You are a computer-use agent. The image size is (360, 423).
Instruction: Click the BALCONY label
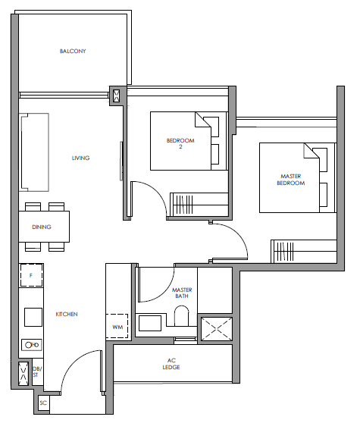[73, 51]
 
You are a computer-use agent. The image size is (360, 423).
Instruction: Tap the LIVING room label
[80, 158]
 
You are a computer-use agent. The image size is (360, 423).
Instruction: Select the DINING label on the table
[42, 227]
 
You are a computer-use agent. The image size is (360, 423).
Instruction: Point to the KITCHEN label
[67, 314]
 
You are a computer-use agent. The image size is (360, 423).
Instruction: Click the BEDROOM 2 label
[180, 143]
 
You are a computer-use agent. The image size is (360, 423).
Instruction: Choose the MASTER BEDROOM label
[291, 180]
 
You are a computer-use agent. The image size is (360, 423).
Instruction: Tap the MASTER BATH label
[182, 293]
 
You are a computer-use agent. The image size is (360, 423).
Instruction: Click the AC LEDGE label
[171, 364]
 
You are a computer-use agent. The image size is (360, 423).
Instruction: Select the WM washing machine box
[117, 326]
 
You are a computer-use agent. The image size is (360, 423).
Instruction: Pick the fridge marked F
[31, 275]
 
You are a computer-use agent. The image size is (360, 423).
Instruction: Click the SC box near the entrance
[43, 403]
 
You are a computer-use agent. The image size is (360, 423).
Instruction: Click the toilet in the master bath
[182, 315]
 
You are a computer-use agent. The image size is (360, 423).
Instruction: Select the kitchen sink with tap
[32, 345]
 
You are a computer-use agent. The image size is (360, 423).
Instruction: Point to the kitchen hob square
[33, 317]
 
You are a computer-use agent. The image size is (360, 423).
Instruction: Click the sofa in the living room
[34, 152]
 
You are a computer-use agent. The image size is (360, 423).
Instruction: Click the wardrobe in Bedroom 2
[199, 205]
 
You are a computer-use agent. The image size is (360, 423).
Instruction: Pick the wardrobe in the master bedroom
[304, 251]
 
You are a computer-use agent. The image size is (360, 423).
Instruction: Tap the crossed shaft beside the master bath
[217, 328]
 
